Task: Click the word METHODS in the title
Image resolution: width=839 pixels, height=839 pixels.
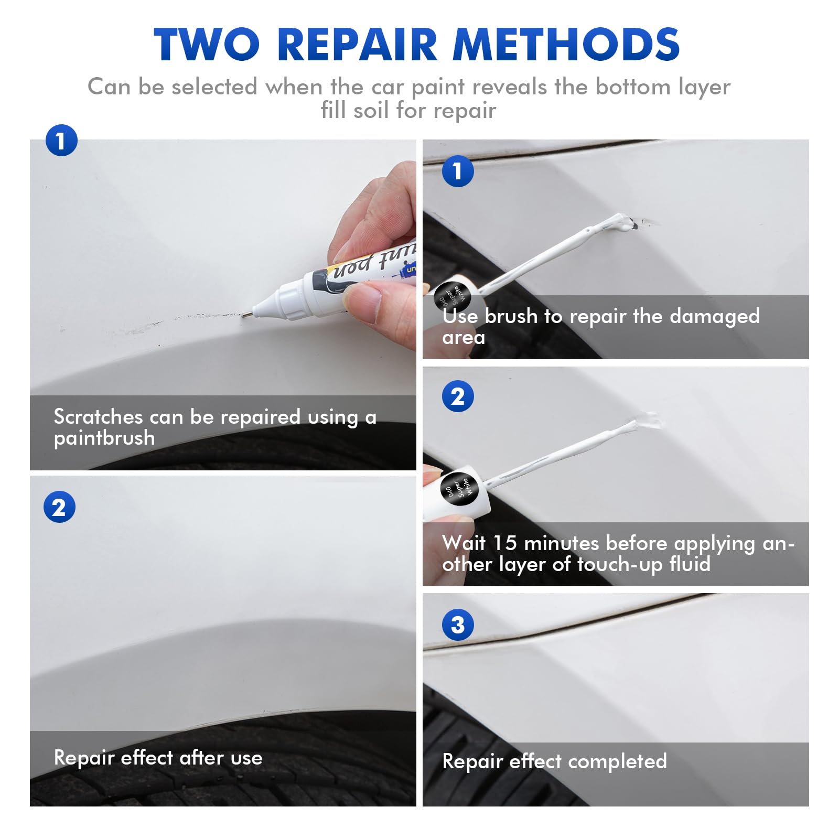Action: (x=566, y=45)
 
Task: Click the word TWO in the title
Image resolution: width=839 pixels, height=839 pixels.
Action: (x=207, y=45)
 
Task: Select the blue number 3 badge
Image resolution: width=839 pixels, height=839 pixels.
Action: (x=458, y=625)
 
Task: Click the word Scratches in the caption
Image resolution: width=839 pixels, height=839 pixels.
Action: (x=98, y=417)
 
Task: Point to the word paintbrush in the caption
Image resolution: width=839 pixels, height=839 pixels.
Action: (x=104, y=438)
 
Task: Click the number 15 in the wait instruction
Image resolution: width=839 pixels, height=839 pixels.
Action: (x=504, y=543)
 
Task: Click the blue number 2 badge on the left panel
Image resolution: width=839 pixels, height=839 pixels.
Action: (x=59, y=507)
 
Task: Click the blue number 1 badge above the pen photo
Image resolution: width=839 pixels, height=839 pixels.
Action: (x=61, y=141)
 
